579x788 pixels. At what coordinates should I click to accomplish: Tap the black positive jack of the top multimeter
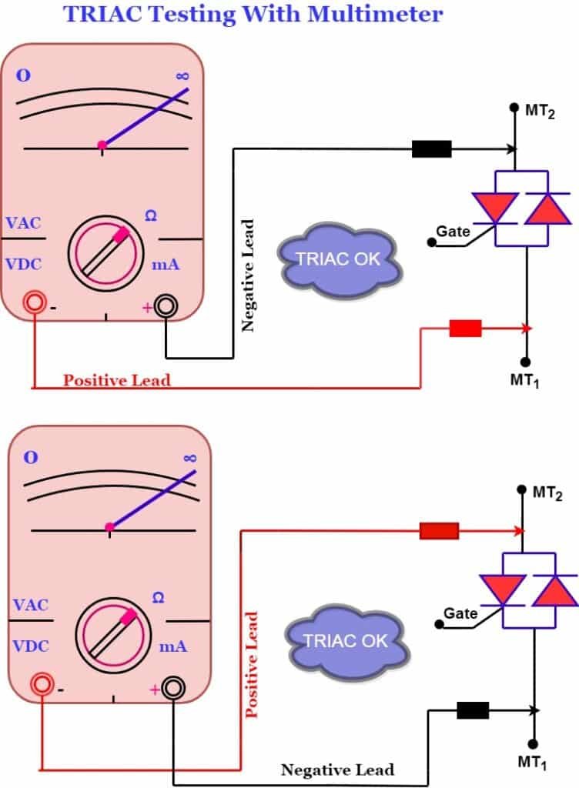[x=166, y=306]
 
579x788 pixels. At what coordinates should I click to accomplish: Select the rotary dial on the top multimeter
[x=105, y=250]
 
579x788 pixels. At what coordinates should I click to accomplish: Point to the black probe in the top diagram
[x=431, y=149]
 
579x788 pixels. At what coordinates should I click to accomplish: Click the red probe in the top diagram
[x=465, y=329]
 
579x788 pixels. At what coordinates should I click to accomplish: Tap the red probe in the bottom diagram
[x=439, y=531]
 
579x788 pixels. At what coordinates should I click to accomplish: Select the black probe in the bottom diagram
[x=472, y=710]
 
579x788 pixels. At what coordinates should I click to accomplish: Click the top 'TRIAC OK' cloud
[x=340, y=259]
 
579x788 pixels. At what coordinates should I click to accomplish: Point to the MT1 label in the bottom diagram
[x=532, y=763]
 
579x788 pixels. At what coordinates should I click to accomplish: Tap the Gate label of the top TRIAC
[x=453, y=231]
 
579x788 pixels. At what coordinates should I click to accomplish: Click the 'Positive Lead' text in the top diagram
[x=116, y=380]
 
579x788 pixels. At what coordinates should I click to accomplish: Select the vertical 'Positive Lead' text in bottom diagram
[x=251, y=665]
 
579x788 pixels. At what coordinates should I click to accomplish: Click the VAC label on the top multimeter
[x=23, y=223]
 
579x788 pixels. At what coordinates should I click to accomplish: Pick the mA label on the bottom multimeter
[x=173, y=646]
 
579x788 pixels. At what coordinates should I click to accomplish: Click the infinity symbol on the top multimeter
[x=182, y=76]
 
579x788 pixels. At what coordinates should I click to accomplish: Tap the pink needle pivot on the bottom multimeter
[x=109, y=527]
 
